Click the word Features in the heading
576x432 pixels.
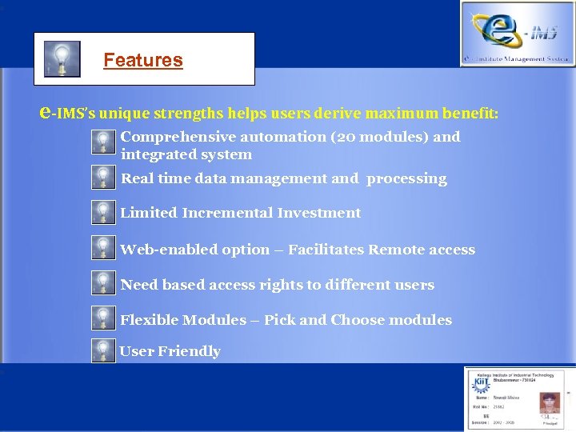click(x=143, y=60)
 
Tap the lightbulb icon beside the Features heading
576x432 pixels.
click(x=62, y=59)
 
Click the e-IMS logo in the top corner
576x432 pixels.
click(x=516, y=33)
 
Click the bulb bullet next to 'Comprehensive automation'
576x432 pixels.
click(x=102, y=142)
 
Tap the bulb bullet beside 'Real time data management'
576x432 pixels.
click(x=102, y=177)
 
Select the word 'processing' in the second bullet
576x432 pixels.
click(x=406, y=178)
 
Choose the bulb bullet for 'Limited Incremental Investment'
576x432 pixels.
click(x=102, y=212)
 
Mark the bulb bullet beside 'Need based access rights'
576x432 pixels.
click(x=102, y=283)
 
